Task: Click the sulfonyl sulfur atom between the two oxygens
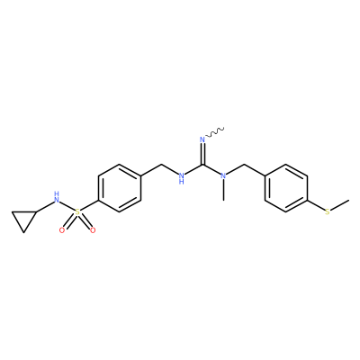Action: click(77, 212)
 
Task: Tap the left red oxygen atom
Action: click(62, 230)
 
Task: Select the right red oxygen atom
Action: click(93, 230)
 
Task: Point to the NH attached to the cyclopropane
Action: click(57, 197)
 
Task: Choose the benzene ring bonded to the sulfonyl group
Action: click(120, 188)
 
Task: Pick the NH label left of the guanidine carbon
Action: click(181, 178)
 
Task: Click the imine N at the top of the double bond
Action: click(202, 139)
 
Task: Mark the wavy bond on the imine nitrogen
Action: click(215, 132)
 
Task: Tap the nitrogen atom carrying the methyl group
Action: click(223, 175)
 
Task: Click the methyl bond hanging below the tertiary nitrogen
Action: click(223, 190)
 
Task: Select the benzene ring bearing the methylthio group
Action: click(286, 188)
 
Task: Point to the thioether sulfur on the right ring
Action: click(328, 212)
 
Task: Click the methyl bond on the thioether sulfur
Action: click(340, 204)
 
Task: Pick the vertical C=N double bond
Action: click(202, 154)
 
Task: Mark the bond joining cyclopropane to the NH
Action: click(45, 207)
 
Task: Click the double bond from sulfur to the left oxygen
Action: click(70, 221)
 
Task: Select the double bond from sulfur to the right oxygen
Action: click(85, 221)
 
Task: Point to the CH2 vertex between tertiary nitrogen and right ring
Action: click(245, 165)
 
